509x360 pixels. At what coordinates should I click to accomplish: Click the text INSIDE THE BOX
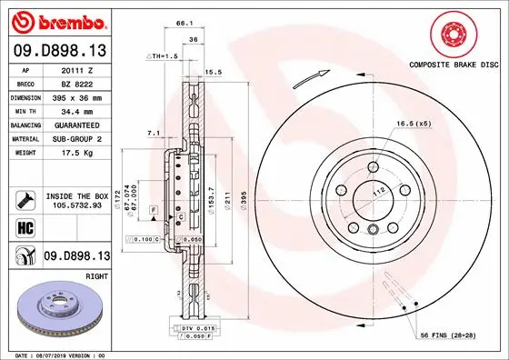[76, 195]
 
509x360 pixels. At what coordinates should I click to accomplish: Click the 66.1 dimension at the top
[183, 22]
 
